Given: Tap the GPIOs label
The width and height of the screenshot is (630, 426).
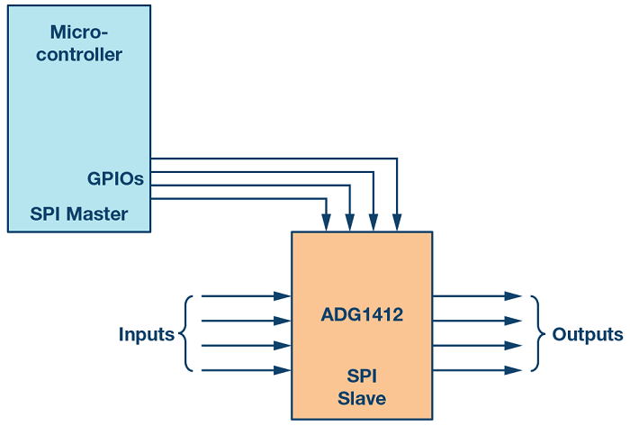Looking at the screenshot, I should pos(115,179).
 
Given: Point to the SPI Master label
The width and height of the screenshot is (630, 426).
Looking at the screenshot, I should pos(79,214).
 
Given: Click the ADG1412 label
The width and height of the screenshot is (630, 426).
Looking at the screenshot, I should pos(361,315).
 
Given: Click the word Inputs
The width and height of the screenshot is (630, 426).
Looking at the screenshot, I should pos(146,335).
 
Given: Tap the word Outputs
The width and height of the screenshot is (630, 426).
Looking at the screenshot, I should pos(588,335).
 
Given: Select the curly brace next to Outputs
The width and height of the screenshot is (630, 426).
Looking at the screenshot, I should pos(537,333).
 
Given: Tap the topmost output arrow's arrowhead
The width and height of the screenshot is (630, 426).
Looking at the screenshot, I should pos(514,295).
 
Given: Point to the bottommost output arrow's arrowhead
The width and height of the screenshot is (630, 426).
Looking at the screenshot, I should pos(514,370).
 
